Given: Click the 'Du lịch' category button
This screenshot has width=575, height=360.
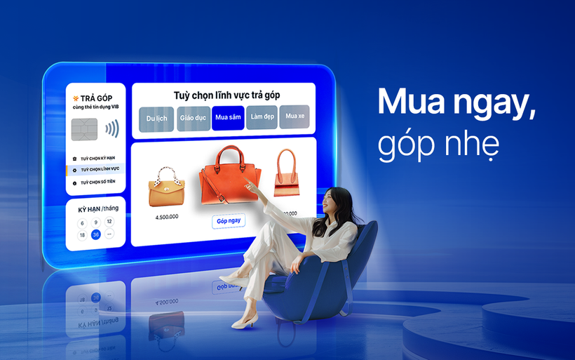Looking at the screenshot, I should pyautogui.click(x=156, y=118).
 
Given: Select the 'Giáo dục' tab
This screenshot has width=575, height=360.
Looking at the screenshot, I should pyautogui.click(x=192, y=118).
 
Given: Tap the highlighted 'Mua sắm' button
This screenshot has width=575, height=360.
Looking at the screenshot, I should pyautogui.click(x=228, y=117).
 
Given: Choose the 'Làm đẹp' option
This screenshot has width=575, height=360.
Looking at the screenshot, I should pyautogui.click(x=262, y=116).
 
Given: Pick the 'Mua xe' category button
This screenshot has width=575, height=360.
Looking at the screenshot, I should pyautogui.click(x=294, y=116).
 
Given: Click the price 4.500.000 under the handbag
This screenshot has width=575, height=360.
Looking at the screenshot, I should pyautogui.click(x=167, y=217).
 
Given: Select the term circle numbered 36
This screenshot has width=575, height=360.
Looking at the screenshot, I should pyautogui.click(x=96, y=234).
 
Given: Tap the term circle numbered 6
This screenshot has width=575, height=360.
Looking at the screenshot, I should pyautogui.click(x=82, y=222).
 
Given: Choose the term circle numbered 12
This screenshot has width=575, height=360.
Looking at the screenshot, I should pyautogui.click(x=109, y=222).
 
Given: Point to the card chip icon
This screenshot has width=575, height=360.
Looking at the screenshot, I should pyautogui.click(x=84, y=129).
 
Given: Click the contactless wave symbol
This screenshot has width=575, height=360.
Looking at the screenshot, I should pyautogui.click(x=111, y=129).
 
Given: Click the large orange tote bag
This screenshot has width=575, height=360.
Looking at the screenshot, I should pyautogui.click(x=226, y=180).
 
